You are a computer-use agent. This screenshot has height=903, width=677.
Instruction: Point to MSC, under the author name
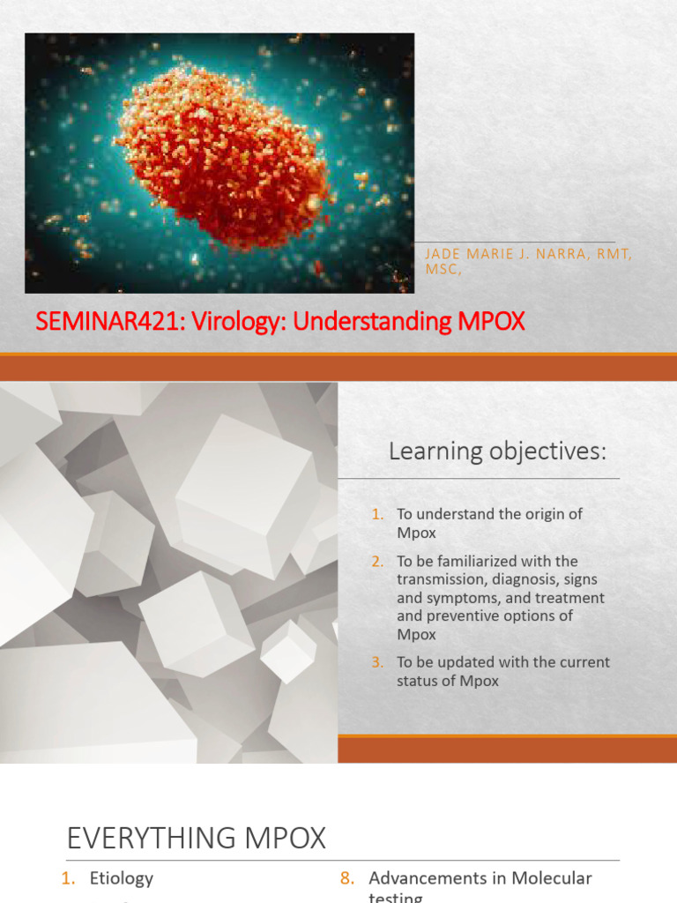443,270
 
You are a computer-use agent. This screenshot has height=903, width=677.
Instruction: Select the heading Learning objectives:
498,452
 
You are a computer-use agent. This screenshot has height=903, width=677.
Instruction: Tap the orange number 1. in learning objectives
378,514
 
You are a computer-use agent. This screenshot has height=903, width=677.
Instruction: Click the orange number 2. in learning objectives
378,561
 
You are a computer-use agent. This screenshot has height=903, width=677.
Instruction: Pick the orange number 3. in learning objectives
378,662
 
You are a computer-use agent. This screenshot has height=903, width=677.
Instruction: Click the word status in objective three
417,681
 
